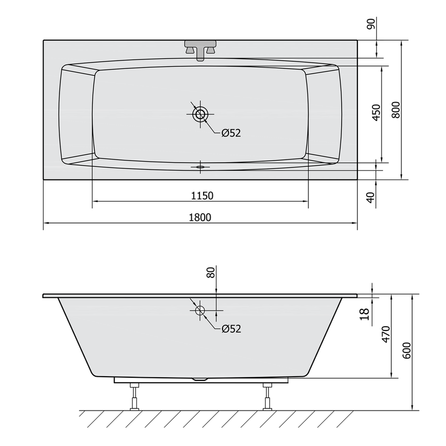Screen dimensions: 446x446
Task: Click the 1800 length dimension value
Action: click(200, 217)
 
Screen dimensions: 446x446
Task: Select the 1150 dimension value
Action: click(202, 196)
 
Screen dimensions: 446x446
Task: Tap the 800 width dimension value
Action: click(395, 110)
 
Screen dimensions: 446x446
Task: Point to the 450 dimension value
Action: click(376, 113)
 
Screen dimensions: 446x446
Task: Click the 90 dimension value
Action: click(371, 24)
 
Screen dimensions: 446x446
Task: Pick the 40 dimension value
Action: click(371, 197)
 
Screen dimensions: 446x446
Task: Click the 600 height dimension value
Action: click(407, 350)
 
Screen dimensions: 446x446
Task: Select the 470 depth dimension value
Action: click(386, 334)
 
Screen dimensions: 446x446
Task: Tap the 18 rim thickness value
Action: click(365, 314)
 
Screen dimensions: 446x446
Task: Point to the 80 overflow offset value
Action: click(211, 273)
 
